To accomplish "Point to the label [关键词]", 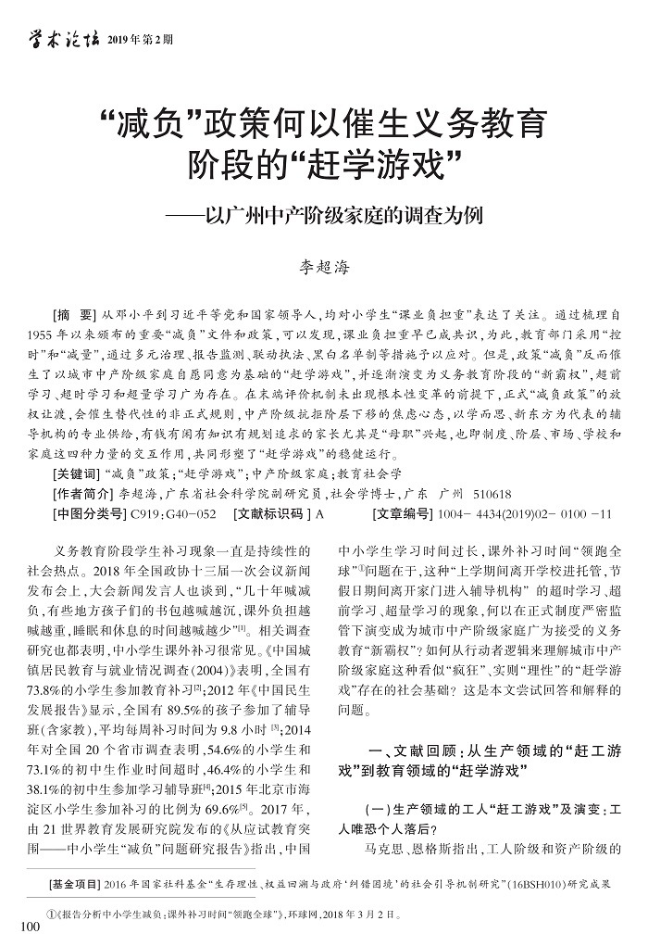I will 80,473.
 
